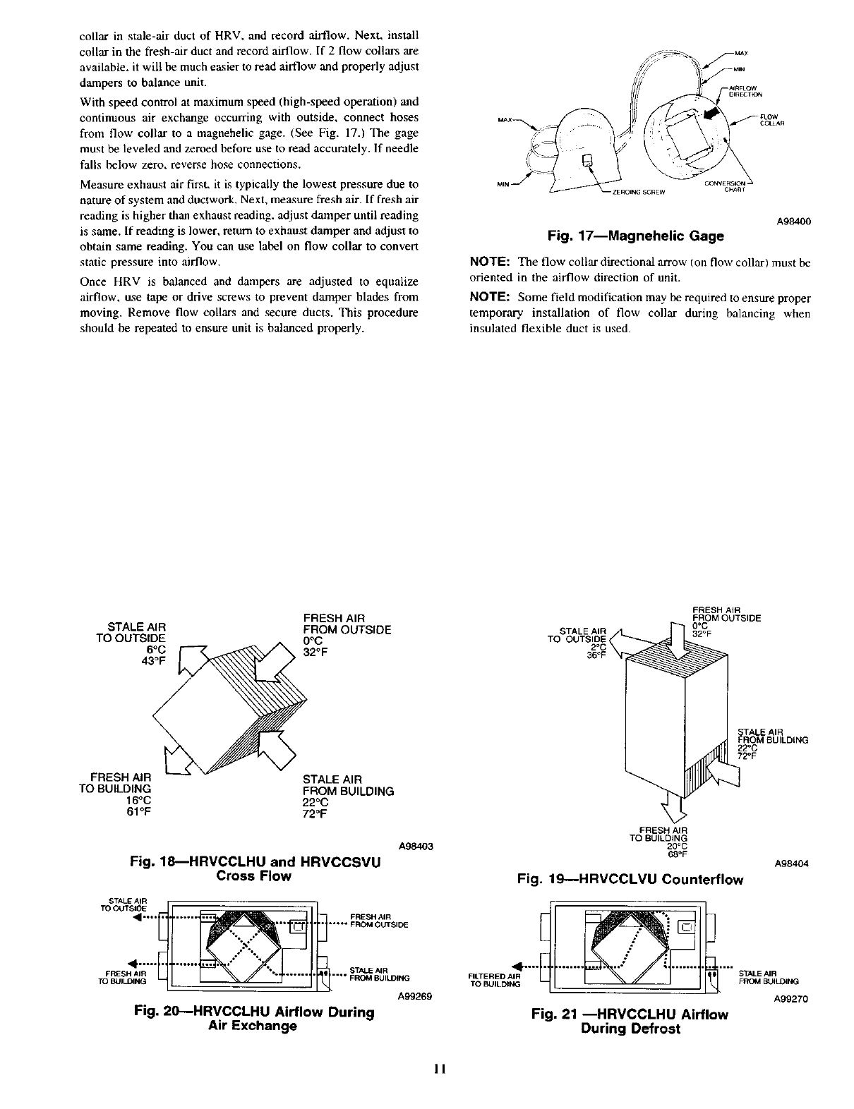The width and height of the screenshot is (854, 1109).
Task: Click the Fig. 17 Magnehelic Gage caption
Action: (640, 236)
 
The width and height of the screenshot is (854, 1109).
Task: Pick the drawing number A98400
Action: (793, 221)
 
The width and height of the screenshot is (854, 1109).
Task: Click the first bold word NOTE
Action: (491, 262)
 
